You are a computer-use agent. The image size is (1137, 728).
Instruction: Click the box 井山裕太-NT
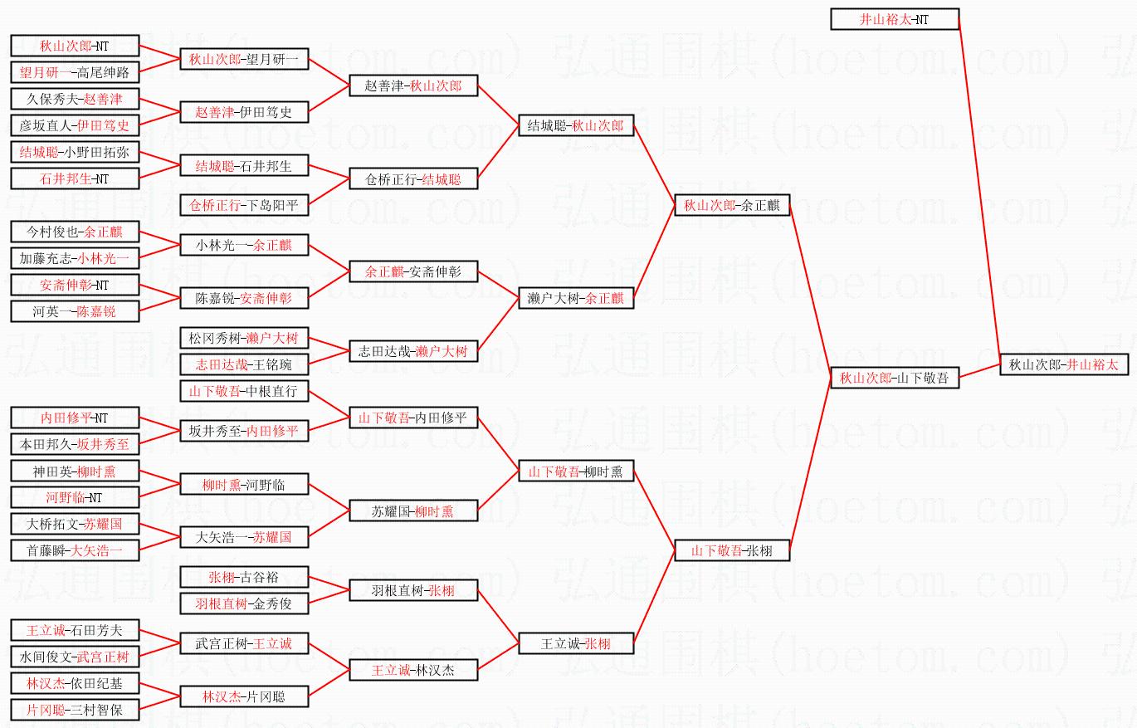(895, 19)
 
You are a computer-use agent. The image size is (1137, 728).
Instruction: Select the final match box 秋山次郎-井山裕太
(1064, 364)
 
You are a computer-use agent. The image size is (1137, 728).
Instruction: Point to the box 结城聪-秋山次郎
(576, 125)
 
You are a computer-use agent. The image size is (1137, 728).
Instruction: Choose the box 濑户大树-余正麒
(576, 298)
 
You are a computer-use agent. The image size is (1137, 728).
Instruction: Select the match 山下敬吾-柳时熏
(576, 471)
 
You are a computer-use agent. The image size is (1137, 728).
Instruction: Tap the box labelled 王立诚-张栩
(576, 643)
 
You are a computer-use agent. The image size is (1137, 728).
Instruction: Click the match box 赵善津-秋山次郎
(413, 86)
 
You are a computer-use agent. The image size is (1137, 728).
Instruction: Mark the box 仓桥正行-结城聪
(413, 178)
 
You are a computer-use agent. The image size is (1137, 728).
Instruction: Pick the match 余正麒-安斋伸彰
(413, 271)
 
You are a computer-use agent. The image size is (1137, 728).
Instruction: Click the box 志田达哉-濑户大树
(413, 351)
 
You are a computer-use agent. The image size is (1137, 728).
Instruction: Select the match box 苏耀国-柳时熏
(413, 511)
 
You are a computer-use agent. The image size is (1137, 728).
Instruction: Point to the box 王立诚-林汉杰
(413, 670)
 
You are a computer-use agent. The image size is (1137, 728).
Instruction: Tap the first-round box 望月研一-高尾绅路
(75, 72)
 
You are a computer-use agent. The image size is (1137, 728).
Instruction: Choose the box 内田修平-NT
(75, 418)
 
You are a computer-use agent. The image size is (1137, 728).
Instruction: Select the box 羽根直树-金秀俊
(244, 603)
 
